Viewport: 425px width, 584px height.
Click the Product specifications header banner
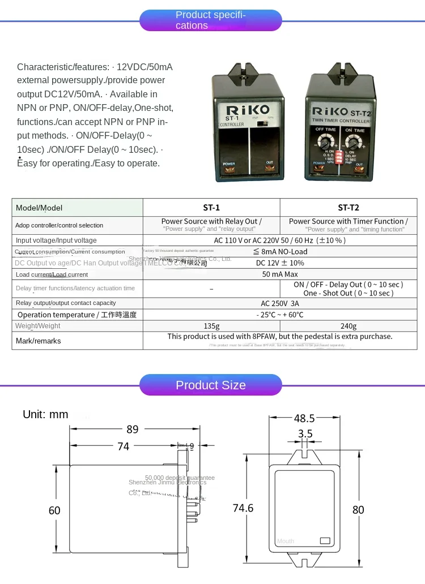[210, 20]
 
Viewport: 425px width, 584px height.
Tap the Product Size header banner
[210, 385]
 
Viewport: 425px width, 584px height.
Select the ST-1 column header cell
[211, 207]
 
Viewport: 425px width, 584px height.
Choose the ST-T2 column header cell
[348, 207]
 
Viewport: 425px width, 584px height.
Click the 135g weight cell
[211, 326]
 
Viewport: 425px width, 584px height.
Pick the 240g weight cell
[348, 326]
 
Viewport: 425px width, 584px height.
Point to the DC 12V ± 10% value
[280, 263]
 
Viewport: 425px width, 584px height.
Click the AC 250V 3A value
[280, 303]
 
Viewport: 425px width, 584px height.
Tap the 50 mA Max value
[280, 274]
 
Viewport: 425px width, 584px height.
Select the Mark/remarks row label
[39, 341]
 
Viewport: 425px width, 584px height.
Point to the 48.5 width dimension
[304, 419]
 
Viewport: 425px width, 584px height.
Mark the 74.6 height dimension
[243, 508]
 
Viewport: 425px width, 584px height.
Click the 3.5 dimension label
[305, 434]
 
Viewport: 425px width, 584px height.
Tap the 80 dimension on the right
[358, 510]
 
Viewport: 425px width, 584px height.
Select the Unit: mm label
[45, 414]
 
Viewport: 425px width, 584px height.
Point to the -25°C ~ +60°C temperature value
[280, 315]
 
